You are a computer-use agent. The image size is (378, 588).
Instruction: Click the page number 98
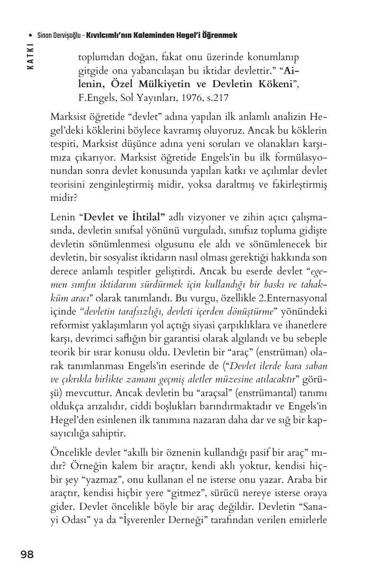click(27, 554)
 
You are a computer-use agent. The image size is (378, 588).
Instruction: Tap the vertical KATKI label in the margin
click(31, 56)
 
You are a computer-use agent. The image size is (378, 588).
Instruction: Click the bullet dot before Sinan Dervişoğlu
click(31, 36)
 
